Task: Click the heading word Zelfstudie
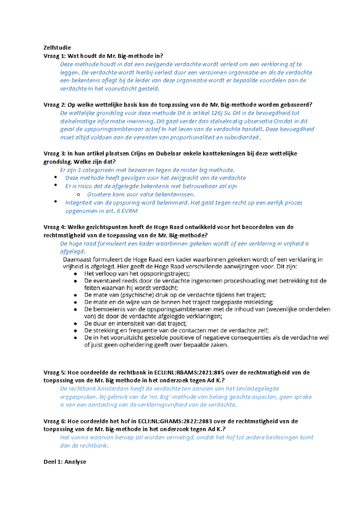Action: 57,48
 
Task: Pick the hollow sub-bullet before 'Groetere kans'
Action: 79,195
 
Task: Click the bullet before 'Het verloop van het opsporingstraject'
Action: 75,274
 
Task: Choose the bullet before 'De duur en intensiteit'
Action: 75,324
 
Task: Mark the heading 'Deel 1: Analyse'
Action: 65,462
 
